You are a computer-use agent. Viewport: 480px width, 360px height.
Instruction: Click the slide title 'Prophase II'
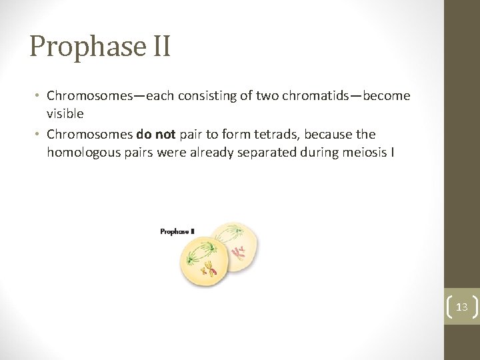click(100, 47)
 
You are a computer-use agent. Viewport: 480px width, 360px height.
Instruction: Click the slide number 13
click(461, 307)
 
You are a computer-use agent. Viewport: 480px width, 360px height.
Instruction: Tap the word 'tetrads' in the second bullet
click(255, 134)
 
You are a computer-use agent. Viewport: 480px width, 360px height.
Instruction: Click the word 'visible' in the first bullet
click(65, 114)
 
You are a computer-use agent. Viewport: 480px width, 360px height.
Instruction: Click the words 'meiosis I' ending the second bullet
click(369, 153)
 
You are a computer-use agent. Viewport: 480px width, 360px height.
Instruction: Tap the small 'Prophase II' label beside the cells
click(177, 231)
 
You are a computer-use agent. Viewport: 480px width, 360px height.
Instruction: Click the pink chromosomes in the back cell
click(237, 252)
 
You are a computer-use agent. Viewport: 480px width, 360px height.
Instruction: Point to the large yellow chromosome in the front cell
click(209, 269)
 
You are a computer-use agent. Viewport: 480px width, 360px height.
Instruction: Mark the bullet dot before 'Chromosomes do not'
click(39, 135)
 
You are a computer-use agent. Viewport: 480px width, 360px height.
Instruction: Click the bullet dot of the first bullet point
click(39, 96)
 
